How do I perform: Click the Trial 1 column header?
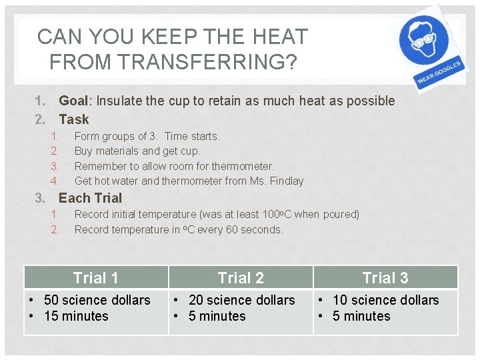tap(95, 278)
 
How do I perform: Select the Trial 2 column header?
tap(241, 278)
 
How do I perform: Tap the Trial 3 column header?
tap(385, 278)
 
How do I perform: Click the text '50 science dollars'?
tap(97, 301)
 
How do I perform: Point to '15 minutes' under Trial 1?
tap(76, 317)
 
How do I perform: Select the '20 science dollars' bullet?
tap(241, 301)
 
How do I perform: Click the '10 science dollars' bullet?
tap(386, 301)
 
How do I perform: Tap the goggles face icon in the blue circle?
tap(424, 38)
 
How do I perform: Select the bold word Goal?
tap(73, 101)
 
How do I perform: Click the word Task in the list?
tap(74, 120)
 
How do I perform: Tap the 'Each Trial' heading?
tap(91, 198)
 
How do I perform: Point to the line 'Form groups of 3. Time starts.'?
tap(147, 137)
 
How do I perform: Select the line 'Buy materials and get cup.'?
tap(137, 151)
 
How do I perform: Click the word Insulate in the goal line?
tap(120, 101)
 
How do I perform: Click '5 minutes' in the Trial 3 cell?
tap(361, 317)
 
